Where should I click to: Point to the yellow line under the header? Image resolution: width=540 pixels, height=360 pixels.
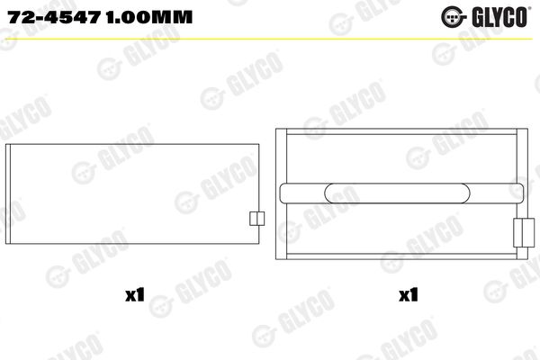(x=270, y=39)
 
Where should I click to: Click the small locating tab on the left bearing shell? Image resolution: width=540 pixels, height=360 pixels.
(x=255, y=220)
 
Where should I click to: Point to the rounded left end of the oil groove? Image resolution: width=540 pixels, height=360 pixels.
(x=287, y=192)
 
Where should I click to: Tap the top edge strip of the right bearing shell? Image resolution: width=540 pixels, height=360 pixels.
(x=400, y=132)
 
